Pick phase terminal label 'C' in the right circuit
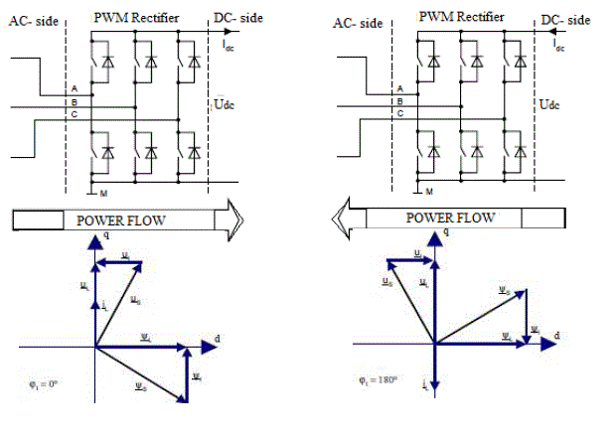tap(399, 114)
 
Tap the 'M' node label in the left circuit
tap(102, 192)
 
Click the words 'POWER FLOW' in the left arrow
tap(120, 220)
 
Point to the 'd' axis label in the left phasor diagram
tap(216, 341)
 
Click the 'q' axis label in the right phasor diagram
tap(445, 231)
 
